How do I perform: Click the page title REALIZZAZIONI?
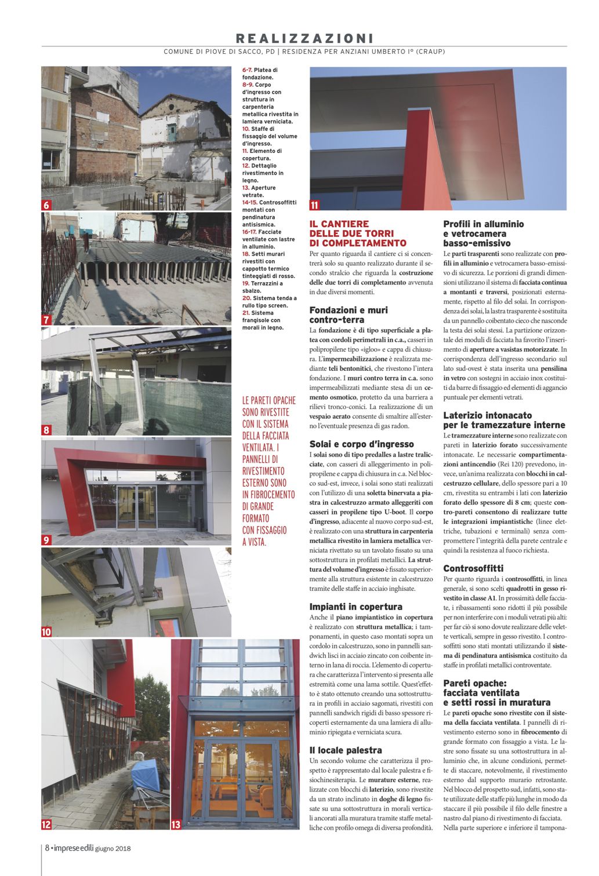pyautogui.click(x=304, y=38)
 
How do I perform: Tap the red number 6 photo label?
pyautogui.click(x=46, y=205)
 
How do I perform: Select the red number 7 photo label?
pyautogui.click(x=46, y=320)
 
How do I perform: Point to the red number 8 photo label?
pyautogui.click(x=46, y=430)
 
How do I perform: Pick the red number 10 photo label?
pyautogui.click(x=46, y=632)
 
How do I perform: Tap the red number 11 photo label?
pyautogui.click(x=315, y=205)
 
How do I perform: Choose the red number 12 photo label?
pyautogui.click(x=46, y=824)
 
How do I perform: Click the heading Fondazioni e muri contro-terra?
pyautogui.click(x=348, y=315)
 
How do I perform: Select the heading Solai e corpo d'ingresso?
pyautogui.click(x=361, y=444)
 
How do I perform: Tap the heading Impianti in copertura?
pyautogui.click(x=355, y=607)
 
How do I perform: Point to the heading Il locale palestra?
pyautogui.click(x=346, y=750)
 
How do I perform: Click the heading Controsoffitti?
pyautogui.click(x=473, y=568)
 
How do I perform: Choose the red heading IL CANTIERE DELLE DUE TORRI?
pyautogui.click(x=358, y=233)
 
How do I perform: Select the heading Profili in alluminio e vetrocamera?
pyautogui.click(x=483, y=233)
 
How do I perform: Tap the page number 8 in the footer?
pyautogui.click(x=47, y=849)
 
